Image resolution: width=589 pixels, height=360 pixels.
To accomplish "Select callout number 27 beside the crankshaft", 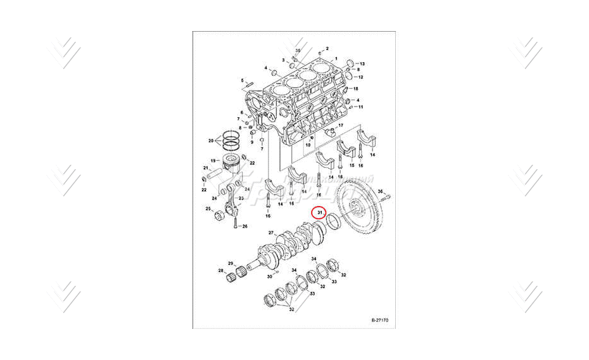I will tap(271, 233).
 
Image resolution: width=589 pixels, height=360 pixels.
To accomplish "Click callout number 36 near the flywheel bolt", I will tap(380, 191).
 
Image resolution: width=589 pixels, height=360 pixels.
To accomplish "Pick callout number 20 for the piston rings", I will tap(211, 140).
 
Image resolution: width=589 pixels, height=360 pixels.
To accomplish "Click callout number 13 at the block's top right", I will tap(362, 65).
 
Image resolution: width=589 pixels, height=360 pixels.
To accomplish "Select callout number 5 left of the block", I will tap(241, 80).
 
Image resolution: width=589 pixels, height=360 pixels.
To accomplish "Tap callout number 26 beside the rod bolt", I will tap(244, 226).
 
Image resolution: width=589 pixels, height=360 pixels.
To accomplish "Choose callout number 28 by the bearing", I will tap(221, 271).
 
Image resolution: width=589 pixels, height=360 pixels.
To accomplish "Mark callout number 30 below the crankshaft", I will tap(269, 277).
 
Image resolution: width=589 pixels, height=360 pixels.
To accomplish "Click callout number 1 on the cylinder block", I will tap(345, 58).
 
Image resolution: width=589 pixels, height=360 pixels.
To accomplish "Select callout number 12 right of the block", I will tap(360, 77).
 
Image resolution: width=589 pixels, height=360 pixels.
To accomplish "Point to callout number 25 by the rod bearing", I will tap(208, 209).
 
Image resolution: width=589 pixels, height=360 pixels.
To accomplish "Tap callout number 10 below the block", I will tap(308, 146).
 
